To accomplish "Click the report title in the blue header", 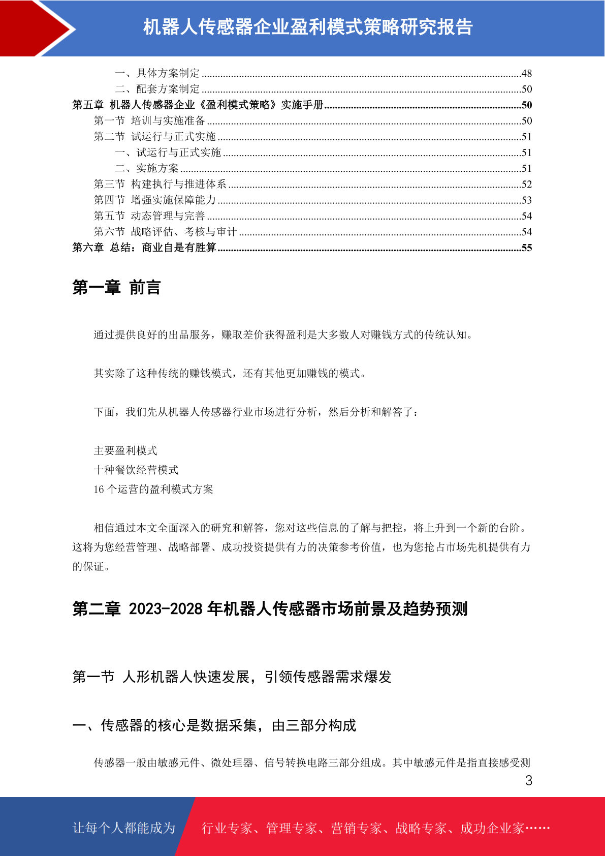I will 308,27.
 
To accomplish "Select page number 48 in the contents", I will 526,74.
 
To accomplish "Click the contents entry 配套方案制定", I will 168,89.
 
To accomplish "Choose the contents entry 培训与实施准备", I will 168,121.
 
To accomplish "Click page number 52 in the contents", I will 526,185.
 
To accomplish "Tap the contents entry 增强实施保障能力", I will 173,200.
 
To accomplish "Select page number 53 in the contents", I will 526,200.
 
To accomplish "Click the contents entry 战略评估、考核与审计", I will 184,232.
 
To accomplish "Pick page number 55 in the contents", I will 526,248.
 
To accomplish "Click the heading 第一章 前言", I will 116,288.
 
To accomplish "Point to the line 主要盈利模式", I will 125,451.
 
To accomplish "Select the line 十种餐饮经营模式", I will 136,470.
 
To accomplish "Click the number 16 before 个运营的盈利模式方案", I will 99,490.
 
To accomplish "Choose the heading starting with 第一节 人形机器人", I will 232,677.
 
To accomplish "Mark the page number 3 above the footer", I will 528,781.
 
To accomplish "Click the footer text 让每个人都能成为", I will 124,828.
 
